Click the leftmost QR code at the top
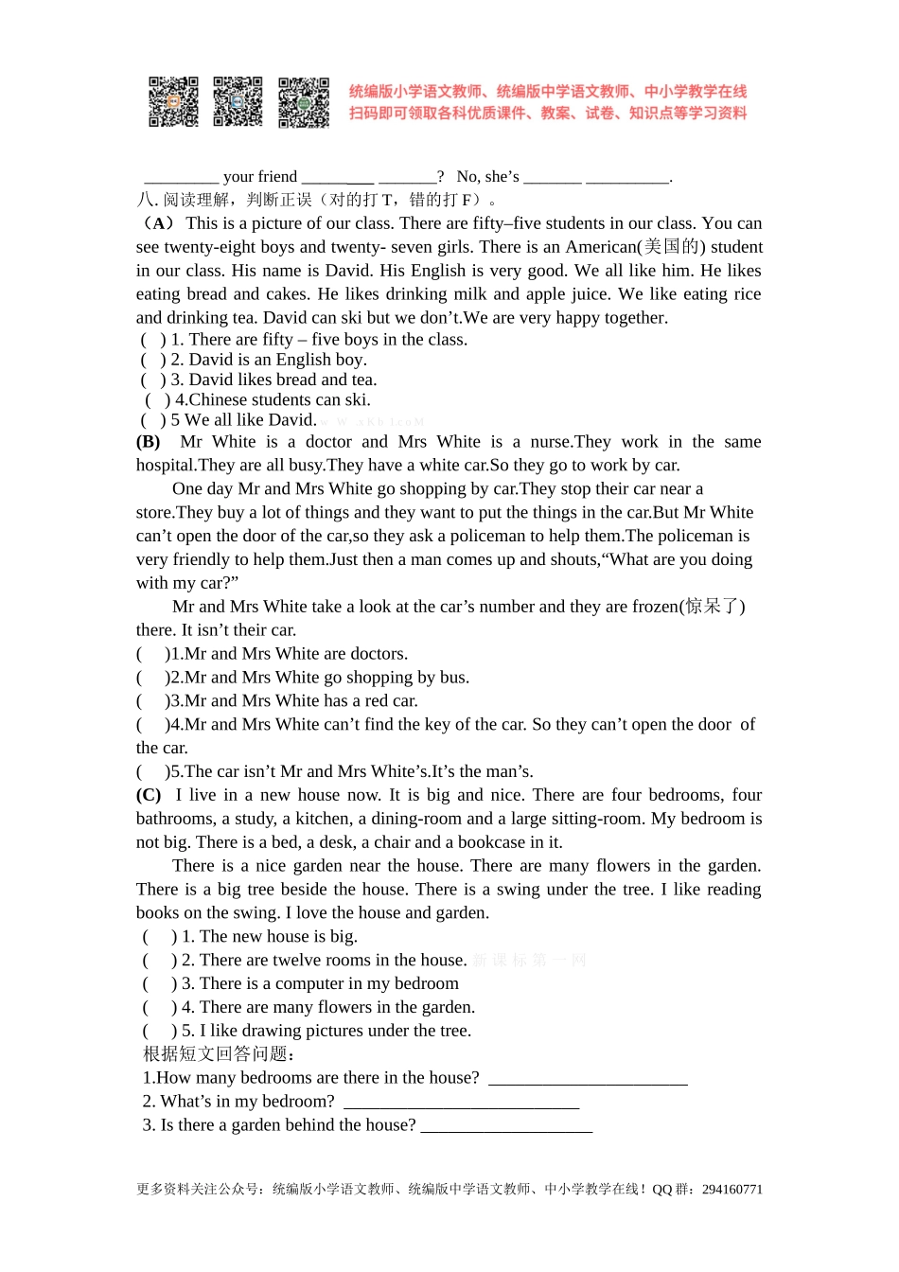tap(173, 102)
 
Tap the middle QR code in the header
tap(238, 102)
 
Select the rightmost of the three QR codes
tap(304, 102)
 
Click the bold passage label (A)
tap(157, 223)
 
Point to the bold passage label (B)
tap(149, 442)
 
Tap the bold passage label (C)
tap(149, 795)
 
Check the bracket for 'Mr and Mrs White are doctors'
tap(152, 654)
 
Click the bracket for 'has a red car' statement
tap(152, 701)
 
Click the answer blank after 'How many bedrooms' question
tap(588, 1080)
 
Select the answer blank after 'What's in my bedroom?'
tap(461, 1104)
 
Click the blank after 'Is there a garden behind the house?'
tap(506, 1127)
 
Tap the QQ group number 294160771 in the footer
tap(732, 1190)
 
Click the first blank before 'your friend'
tap(181, 178)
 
